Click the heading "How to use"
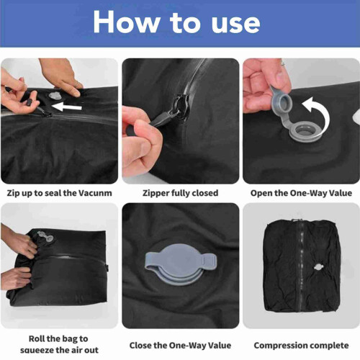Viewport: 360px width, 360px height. (x=176, y=22)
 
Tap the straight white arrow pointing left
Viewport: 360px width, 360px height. (x=67, y=107)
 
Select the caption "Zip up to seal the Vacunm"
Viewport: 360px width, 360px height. (x=59, y=193)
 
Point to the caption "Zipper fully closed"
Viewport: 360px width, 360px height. (x=181, y=193)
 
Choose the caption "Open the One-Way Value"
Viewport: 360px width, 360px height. (x=301, y=193)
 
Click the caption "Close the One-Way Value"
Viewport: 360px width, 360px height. (x=180, y=346)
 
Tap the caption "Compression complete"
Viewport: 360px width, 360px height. (x=301, y=346)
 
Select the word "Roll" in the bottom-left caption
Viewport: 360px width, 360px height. (x=35, y=338)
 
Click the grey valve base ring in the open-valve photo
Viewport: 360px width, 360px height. (x=305, y=132)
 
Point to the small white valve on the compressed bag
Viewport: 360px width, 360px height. (x=318, y=267)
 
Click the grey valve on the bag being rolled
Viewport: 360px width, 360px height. (x=45, y=236)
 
